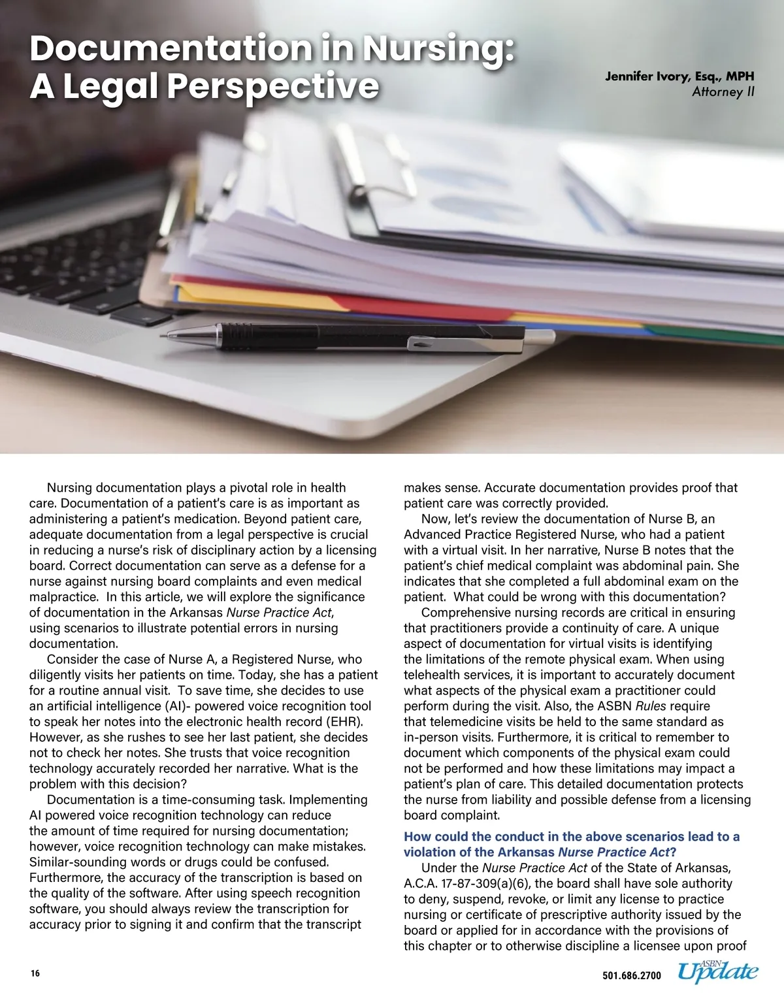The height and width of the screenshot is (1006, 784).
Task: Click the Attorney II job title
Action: point(723,92)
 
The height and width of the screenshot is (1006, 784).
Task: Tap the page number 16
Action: point(35,973)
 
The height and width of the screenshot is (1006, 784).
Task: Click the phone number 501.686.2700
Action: point(631,976)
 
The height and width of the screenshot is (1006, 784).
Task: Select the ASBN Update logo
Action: point(717,972)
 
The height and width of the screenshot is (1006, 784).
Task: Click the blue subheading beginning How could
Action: point(571,844)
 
